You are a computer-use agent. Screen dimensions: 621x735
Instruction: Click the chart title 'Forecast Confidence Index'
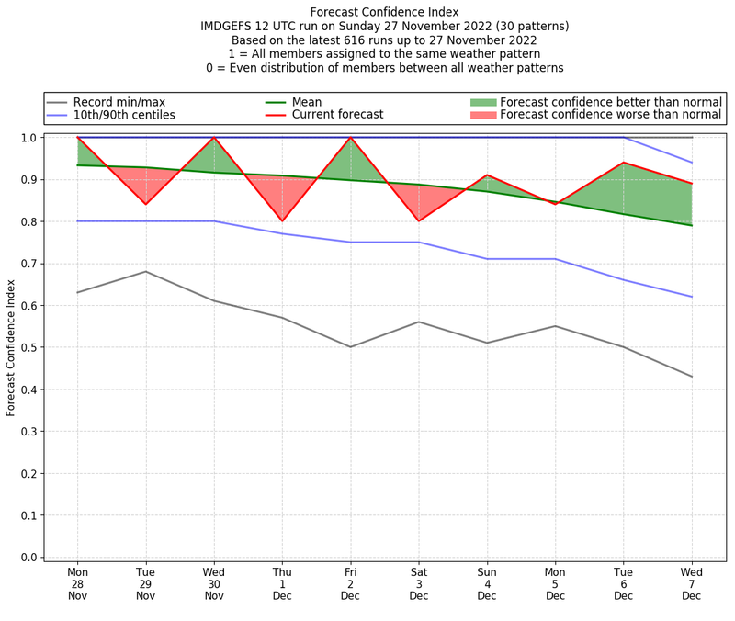[x=384, y=12]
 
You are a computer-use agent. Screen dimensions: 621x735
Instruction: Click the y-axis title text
[x=11, y=347]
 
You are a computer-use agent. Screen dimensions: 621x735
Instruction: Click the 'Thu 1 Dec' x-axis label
[x=282, y=583]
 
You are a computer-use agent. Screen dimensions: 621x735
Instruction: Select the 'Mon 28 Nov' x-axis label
[x=77, y=583]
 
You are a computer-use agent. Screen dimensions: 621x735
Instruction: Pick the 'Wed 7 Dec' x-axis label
[x=692, y=583]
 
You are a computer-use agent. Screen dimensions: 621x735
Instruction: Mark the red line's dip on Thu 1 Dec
[x=282, y=220]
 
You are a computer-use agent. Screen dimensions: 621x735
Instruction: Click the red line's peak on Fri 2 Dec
[x=350, y=138]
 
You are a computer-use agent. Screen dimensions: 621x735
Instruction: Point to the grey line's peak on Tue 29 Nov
[x=145, y=271]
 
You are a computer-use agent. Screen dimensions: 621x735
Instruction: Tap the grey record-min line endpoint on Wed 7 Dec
[x=692, y=377]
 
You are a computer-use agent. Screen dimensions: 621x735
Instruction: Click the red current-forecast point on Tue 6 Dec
[x=624, y=163]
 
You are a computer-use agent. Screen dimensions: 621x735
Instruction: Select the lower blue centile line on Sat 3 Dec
[x=419, y=243]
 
